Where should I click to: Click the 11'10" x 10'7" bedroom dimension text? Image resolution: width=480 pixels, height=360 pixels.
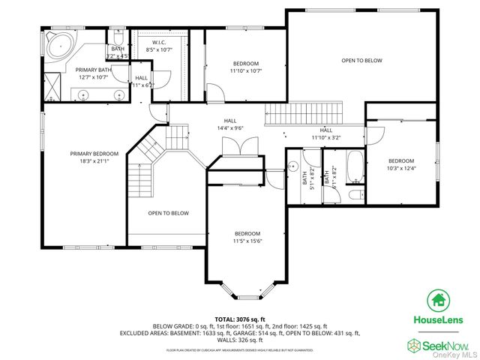[245, 70]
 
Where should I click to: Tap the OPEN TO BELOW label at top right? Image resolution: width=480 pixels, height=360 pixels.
[362, 60]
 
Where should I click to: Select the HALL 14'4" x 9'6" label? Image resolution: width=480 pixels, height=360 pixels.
[229, 124]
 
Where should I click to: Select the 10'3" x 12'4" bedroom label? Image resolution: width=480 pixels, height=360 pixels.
[400, 165]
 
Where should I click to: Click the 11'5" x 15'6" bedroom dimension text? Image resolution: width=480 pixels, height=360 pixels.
[247, 241]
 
